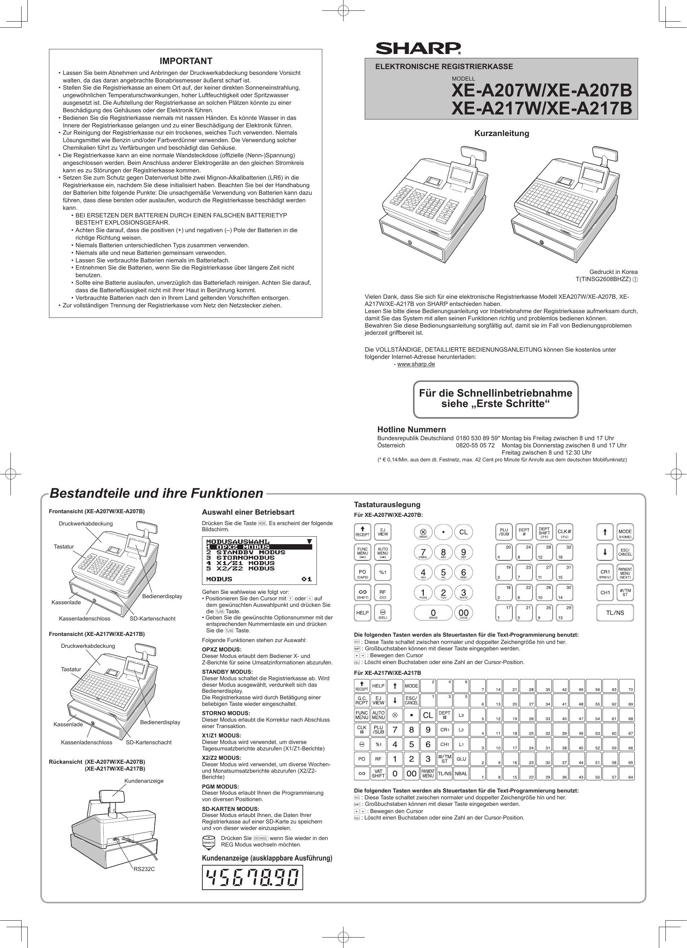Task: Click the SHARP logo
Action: pyautogui.click(x=418, y=48)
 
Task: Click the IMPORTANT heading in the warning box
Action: pyautogui.click(x=186, y=61)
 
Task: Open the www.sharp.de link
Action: pyautogui.click(x=416, y=364)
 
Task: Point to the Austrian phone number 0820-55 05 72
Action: pyautogui.click(x=475, y=445)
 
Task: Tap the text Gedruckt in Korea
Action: pyautogui.click(x=613, y=272)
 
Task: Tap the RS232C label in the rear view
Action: pyautogui.click(x=144, y=869)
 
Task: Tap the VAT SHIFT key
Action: pyautogui.click(x=378, y=774)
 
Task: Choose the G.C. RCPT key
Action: pyautogui.click(x=362, y=700)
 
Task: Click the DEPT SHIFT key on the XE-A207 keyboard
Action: pyautogui.click(x=544, y=532)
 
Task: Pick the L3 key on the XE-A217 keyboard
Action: pyautogui.click(x=461, y=715)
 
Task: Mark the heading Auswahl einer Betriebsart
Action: pyautogui.click(x=248, y=512)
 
